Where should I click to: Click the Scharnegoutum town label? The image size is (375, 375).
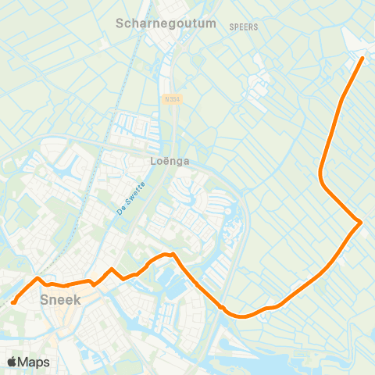tap(166, 23)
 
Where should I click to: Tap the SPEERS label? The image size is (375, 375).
tap(244, 27)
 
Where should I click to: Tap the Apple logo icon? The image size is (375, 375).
tap(12, 362)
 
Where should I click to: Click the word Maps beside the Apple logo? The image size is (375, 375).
tap(34, 362)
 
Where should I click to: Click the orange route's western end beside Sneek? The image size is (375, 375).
tap(14, 302)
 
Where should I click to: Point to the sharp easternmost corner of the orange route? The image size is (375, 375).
tap(360, 223)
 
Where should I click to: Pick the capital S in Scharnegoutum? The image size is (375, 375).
tap(120, 23)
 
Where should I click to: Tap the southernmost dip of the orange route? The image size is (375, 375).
tap(242, 316)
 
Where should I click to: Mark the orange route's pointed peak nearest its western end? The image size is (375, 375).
tap(37, 278)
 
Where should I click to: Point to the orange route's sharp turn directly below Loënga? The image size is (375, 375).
tap(173, 254)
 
